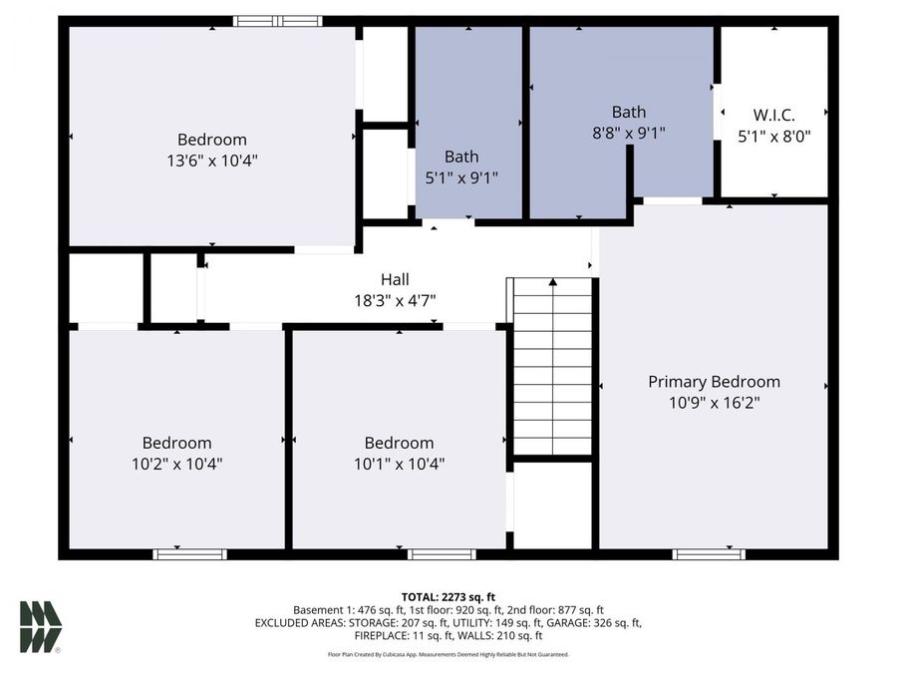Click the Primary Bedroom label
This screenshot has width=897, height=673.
pyautogui.click(x=714, y=382)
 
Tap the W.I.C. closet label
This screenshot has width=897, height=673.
pyautogui.click(x=774, y=116)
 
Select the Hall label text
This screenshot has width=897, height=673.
pyautogui.click(x=395, y=280)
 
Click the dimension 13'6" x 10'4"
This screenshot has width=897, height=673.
pyautogui.click(x=212, y=160)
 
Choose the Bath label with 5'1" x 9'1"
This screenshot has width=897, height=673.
pyautogui.click(x=461, y=157)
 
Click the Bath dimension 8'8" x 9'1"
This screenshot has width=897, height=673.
pyautogui.click(x=628, y=132)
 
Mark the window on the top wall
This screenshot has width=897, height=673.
pyautogui.click(x=278, y=20)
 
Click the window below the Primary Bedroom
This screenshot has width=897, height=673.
pyautogui.click(x=709, y=553)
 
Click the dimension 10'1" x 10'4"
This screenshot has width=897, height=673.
pyautogui.click(x=399, y=463)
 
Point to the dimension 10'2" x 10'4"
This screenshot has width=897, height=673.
pyautogui.click(x=176, y=463)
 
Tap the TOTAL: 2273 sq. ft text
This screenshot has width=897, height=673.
pyautogui.click(x=448, y=596)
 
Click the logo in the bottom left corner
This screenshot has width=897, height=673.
pyautogui.click(x=41, y=627)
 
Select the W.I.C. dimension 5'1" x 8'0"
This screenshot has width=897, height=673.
pyautogui.click(x=774, y=137)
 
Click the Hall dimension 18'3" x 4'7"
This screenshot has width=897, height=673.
pyautogui.click(x=395, y=300)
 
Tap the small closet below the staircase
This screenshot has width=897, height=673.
pyautogui.click(x=553, y=505)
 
